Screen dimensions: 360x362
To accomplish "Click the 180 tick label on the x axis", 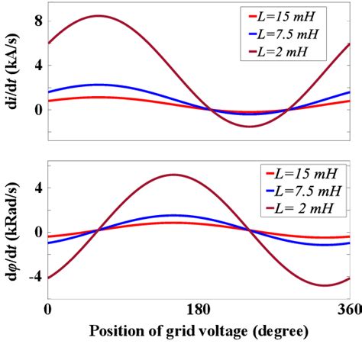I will pos(199,310).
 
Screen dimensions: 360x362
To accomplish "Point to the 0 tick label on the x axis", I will pos(48,310).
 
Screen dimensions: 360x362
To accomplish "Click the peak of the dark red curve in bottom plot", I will pos(175,175).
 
